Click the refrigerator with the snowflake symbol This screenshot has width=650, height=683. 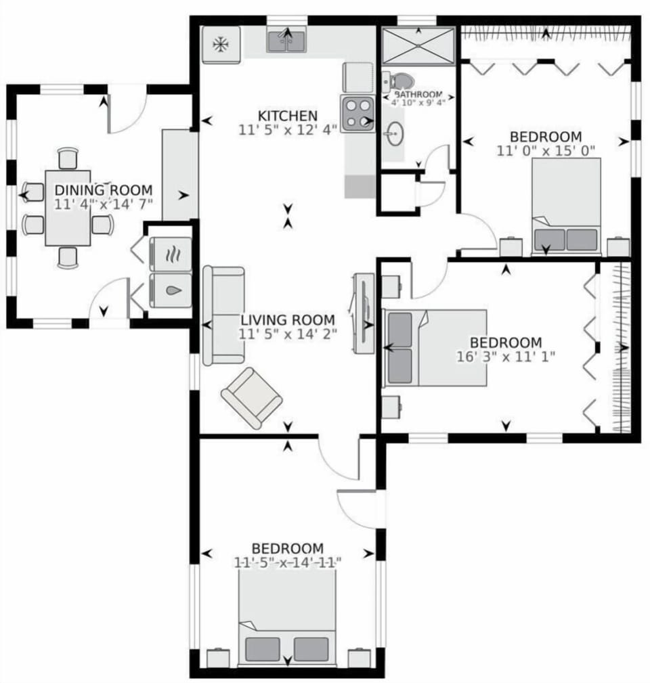[x=221, y=45]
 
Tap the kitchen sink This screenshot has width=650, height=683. [x=287, y=43]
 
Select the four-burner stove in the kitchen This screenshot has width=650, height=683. [x=358, y=113]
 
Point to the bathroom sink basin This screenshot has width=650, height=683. [x=393, y=134]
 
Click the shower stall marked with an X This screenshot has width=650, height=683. [x=418, y=45]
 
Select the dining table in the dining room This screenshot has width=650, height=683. [x=68, y=207]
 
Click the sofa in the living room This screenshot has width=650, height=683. [x=223, y=315]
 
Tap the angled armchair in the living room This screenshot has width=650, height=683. [x=251, y=398]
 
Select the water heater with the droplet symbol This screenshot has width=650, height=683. [x=170, y=292]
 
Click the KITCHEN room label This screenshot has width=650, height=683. [x=287, y=115]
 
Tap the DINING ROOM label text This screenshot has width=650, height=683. [x=103, y=190]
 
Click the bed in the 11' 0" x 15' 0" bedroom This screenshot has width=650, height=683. [x=566, y=206]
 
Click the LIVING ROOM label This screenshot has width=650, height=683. [x=287, y=320]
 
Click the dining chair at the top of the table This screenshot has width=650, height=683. [x=68, y=158]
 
